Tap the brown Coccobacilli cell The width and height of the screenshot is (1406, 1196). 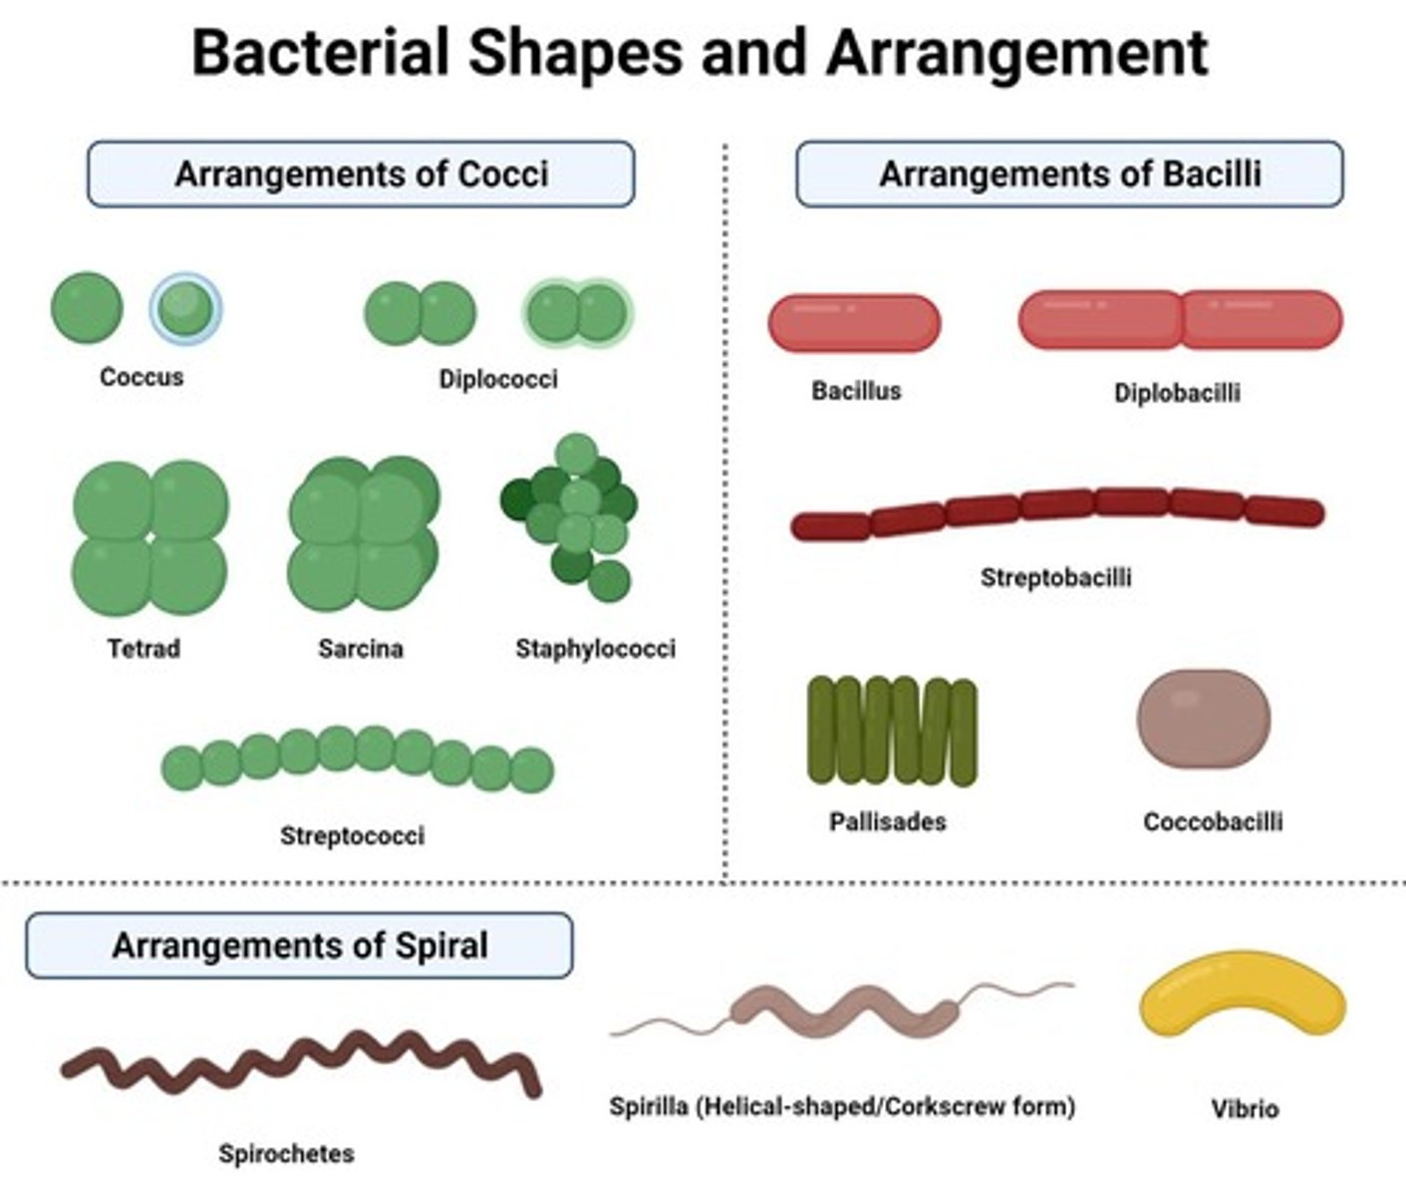coord(1204,721)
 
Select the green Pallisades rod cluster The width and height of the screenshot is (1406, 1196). coord(892,732)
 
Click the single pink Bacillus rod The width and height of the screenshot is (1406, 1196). coord(854,323)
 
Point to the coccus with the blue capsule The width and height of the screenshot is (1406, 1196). coord(186,308)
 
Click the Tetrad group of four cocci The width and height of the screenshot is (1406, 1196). coord(150,537)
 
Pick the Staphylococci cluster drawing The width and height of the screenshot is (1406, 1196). coord(572,517)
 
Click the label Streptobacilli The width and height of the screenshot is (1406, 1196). coord(1055,578)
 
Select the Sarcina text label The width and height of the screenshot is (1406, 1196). coord(361,649)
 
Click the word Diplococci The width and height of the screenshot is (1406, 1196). coord(498,379)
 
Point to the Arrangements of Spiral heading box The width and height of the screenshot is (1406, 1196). coord(299,945)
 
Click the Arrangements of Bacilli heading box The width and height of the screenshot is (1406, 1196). coord(1069,174)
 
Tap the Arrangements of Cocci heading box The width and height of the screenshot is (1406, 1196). coord(361,174)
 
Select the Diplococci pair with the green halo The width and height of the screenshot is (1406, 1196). coord(577,312)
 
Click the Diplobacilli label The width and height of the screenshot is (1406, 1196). coord(1177,393)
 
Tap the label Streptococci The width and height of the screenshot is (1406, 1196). coord(352,835)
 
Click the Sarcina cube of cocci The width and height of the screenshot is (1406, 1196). coord(364,535)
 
